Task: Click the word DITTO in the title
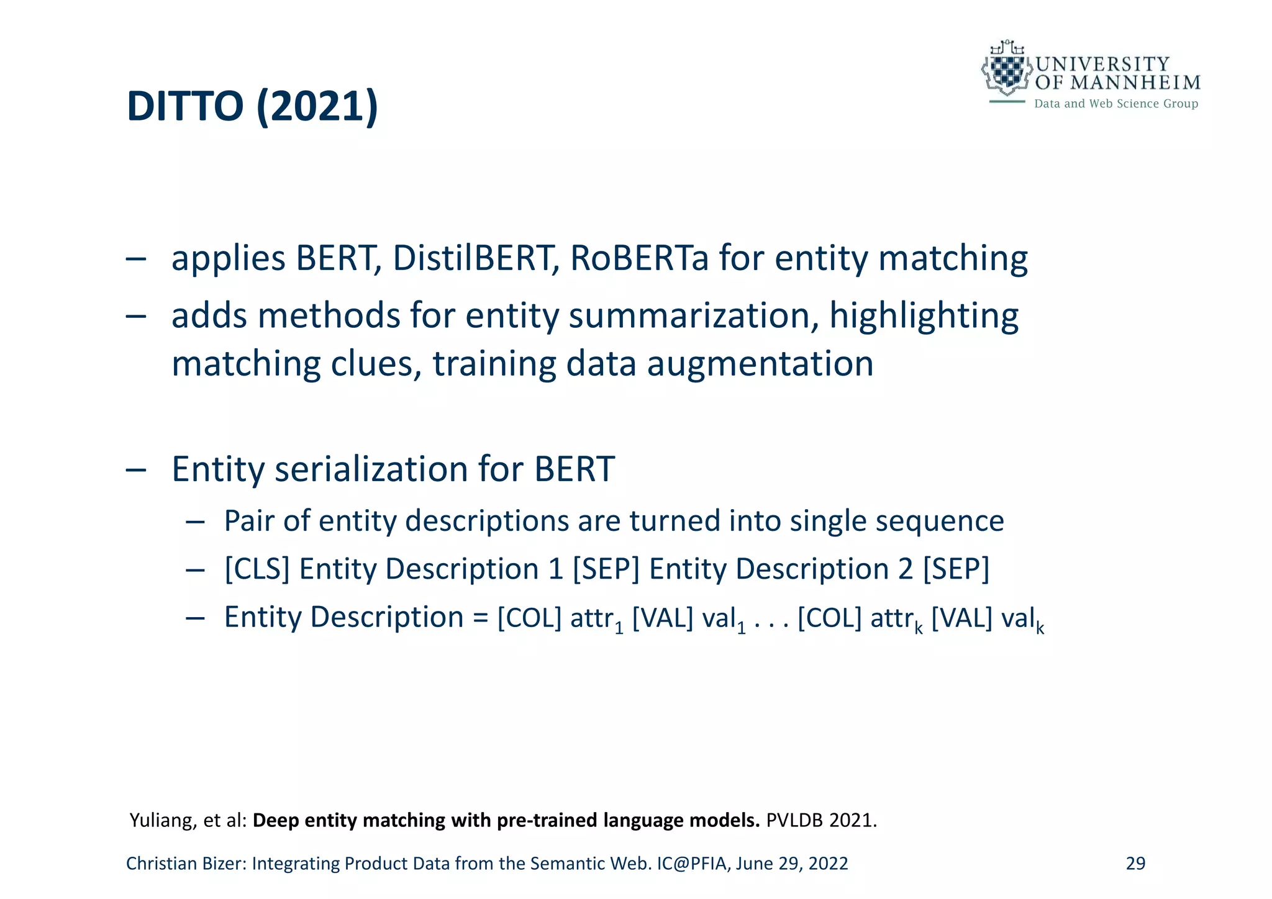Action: [x=184, y=107]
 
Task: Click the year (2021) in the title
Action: [x=317, y=107]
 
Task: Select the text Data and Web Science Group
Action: [x=1115, y=104]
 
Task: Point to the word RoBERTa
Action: [x=638, y=258]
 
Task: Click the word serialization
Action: [x=371, y=469]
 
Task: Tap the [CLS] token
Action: [x=257, y=569]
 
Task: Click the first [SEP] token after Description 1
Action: [x=606, y=569]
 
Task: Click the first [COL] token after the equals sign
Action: [x=529, y=617]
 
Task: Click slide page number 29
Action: [x=1135, y=864]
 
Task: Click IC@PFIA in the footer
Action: [x=693, y=864]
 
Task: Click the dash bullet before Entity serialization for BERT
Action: [x=136, y=470]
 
